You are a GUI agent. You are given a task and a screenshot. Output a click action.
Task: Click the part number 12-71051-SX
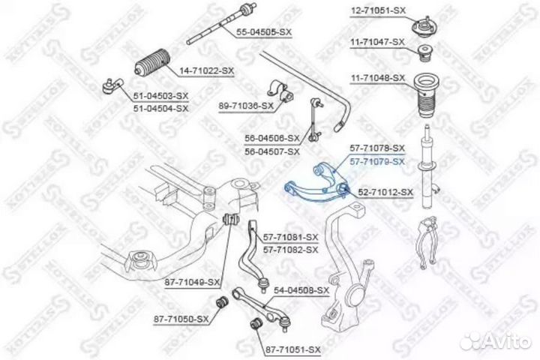[378, 10]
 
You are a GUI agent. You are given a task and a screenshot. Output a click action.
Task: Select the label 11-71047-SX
[378, 43]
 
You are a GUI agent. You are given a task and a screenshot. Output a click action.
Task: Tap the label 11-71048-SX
[378, 79]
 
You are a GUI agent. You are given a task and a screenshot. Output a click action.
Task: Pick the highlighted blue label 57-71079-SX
[378, 161]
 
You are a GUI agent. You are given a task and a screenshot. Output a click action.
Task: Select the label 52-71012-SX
[385, 193]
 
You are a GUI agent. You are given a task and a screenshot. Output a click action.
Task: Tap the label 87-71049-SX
[193, 283]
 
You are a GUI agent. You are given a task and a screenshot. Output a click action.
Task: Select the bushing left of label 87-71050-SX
[222, 303]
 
